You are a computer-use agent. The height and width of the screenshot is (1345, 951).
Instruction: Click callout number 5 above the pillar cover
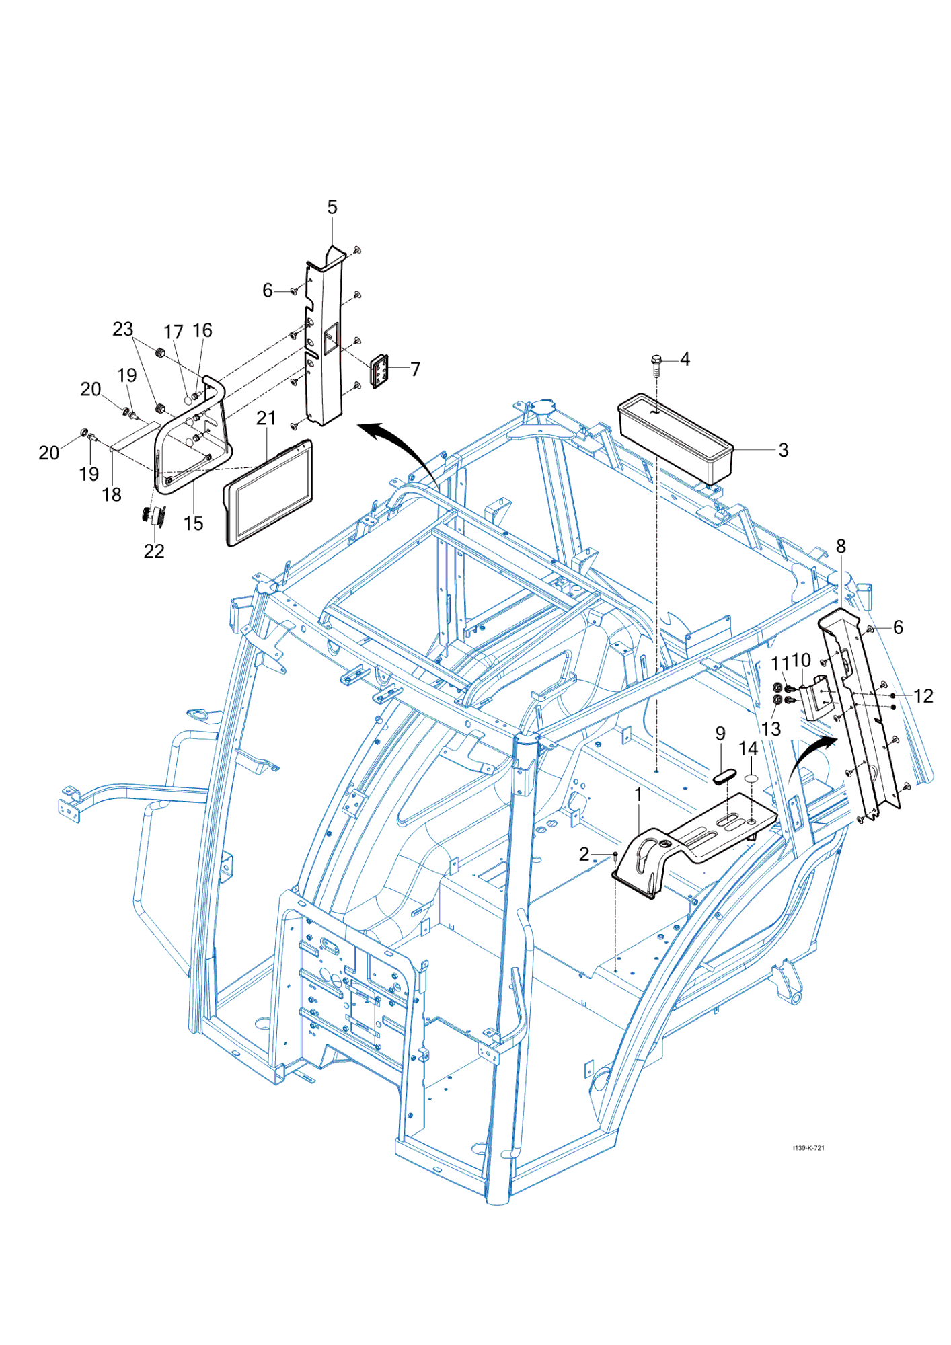332,207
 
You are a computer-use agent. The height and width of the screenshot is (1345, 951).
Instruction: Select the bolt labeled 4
656,364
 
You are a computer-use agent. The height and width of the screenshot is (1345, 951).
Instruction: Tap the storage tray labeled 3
675,438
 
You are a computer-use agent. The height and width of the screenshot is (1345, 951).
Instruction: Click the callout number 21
266,418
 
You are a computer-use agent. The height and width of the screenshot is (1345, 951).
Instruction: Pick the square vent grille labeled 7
380,371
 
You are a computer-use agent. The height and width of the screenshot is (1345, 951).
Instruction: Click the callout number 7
416,369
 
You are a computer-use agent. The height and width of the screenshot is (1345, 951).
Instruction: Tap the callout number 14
748,749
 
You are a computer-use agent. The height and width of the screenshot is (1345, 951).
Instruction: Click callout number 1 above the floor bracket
638,795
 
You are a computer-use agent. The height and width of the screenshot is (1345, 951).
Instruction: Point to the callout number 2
584,854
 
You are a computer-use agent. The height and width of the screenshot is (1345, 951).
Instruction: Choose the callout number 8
841,547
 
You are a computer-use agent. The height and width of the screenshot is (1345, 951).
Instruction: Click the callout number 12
923,696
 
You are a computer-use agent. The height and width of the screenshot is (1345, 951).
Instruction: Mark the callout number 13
771,729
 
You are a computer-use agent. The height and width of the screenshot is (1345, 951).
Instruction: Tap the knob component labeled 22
154,517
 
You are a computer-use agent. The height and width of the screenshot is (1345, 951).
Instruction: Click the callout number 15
194,523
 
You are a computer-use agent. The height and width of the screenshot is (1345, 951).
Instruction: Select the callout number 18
112,495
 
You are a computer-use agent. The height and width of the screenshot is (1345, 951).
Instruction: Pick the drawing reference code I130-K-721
808,1148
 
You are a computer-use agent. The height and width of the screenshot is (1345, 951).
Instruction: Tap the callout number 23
123,330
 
